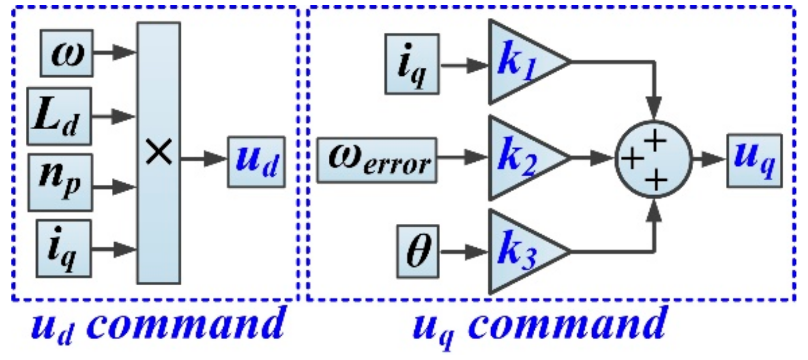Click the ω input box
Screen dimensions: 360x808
pos(66,52)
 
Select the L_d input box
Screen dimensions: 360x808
pos(59,116)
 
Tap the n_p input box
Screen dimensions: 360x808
pos(60,182)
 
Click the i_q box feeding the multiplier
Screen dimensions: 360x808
pos(63,248)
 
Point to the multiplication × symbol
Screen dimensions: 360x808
pos(159,153)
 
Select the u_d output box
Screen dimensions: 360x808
pos(256,162)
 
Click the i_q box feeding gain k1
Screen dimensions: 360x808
pos(412,64)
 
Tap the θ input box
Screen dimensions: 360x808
pos(418,251)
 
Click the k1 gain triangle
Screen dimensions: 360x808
pos(520,62)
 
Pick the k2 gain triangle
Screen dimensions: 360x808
pos(520,158)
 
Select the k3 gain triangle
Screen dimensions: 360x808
pos(520,252)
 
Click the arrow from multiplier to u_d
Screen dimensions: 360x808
pos(203,159)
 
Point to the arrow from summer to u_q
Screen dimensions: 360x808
pos(708,159)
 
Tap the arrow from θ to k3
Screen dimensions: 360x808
pos(463,252)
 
